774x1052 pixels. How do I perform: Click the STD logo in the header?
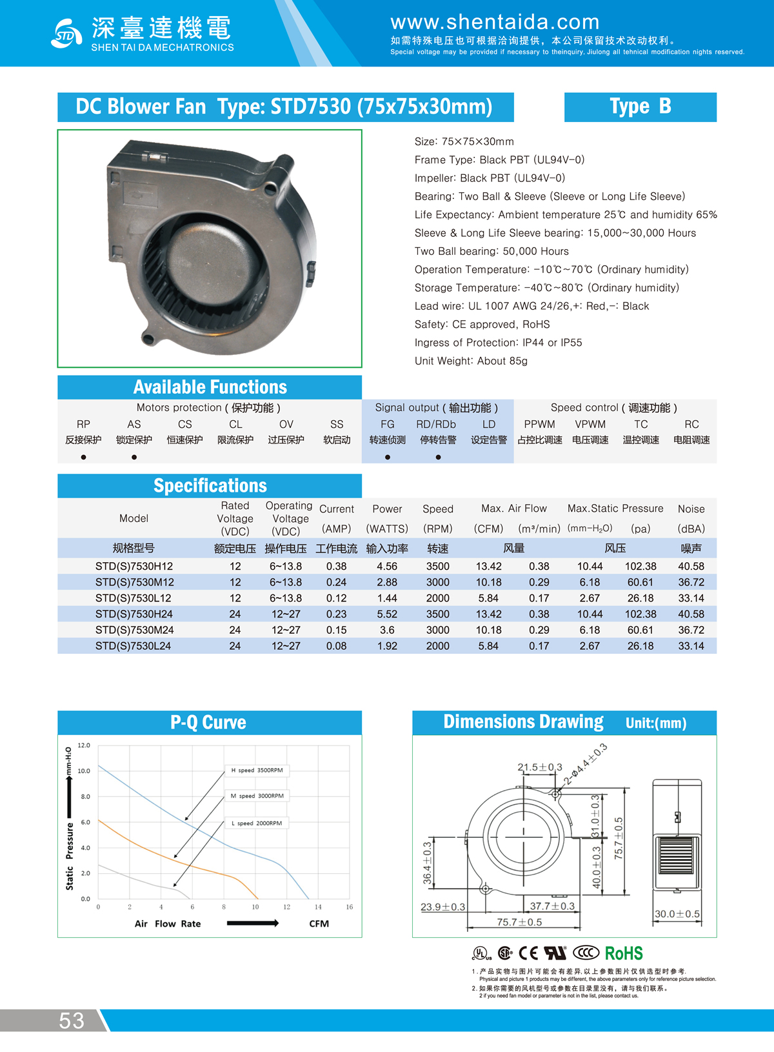[x=66, y=34]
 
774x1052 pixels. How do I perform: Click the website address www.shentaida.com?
[x=495, y=22]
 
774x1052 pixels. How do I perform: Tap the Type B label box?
[x=640, y=106]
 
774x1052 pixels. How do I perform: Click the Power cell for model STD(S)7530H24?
[x=387, y=614]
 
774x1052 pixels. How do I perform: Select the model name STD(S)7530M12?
[x=134, y=582]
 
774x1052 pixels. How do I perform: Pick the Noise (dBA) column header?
[x=691, y=518]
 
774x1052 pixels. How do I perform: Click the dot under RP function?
[x=83, y=457]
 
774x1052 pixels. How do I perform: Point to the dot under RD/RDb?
[x=438, y=457]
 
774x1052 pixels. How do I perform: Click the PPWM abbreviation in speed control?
[x=539, y=424]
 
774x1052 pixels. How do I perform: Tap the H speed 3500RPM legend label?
[x=257, y=770]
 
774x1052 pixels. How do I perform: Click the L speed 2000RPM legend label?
[x=257, y=823]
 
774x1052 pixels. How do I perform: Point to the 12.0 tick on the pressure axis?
[x=84, y=745]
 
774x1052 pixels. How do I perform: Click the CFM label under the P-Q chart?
[x=319, y=924]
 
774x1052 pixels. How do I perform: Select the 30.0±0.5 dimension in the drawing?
[x=677, y=914]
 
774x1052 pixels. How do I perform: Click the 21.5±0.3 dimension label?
[x=540, y=767]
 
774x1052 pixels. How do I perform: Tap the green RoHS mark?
[x=623, y=953]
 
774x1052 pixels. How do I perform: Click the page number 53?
[x=72, y=1020]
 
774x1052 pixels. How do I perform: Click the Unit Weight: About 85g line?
[x=471, y=361]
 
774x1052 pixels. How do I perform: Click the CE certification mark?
[x=528, y=953]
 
